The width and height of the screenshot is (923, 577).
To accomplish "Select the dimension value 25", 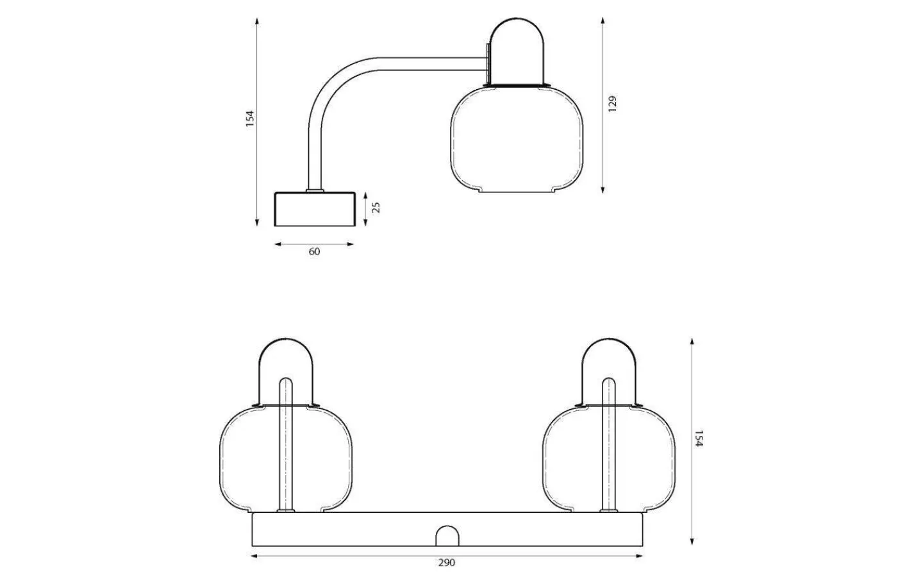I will [376, 207].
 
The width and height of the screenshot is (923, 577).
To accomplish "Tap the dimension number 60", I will [314, 252].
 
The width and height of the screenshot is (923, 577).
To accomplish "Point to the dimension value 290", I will [447, 563].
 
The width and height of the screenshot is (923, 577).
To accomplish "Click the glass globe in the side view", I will [517, 141].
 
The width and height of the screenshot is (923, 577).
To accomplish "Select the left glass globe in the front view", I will [256, 458].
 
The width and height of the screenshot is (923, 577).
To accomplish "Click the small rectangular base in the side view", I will [315, 209].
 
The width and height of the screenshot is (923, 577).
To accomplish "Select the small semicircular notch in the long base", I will [447, 537].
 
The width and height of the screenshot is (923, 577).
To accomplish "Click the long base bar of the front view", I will [359, 528].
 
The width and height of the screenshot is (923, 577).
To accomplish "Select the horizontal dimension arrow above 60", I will [314, 244].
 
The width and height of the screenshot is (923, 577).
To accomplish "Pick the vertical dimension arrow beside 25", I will [365, 208].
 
